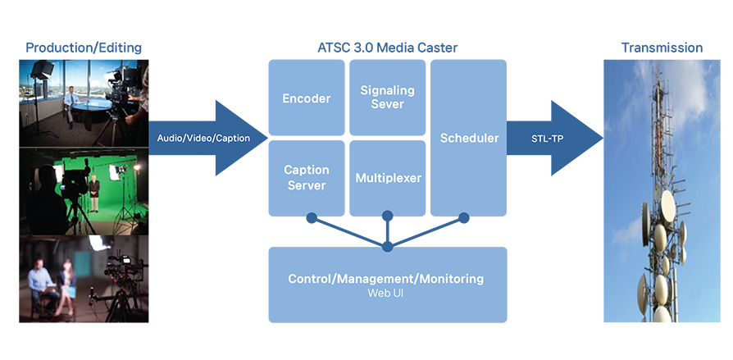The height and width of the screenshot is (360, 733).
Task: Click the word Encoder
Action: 306,98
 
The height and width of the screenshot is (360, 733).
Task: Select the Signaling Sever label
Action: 387,97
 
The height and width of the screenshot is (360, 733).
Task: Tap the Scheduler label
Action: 469,138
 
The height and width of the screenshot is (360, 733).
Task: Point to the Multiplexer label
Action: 388,177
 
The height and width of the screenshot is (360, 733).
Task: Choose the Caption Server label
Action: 306,177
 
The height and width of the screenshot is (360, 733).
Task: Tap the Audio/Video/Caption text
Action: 203,139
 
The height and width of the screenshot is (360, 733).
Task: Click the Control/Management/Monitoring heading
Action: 385,279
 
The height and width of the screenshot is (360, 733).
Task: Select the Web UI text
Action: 385,293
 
